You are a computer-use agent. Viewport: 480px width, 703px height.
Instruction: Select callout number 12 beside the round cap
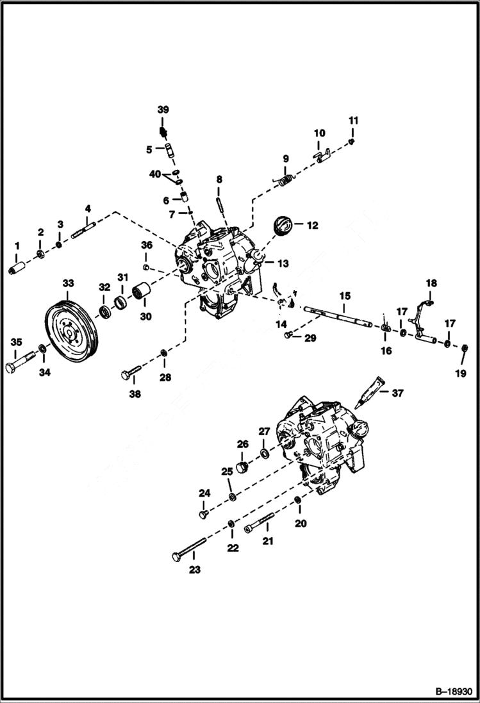point(312,226)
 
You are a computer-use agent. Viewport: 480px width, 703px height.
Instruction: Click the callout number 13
point(283,263)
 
